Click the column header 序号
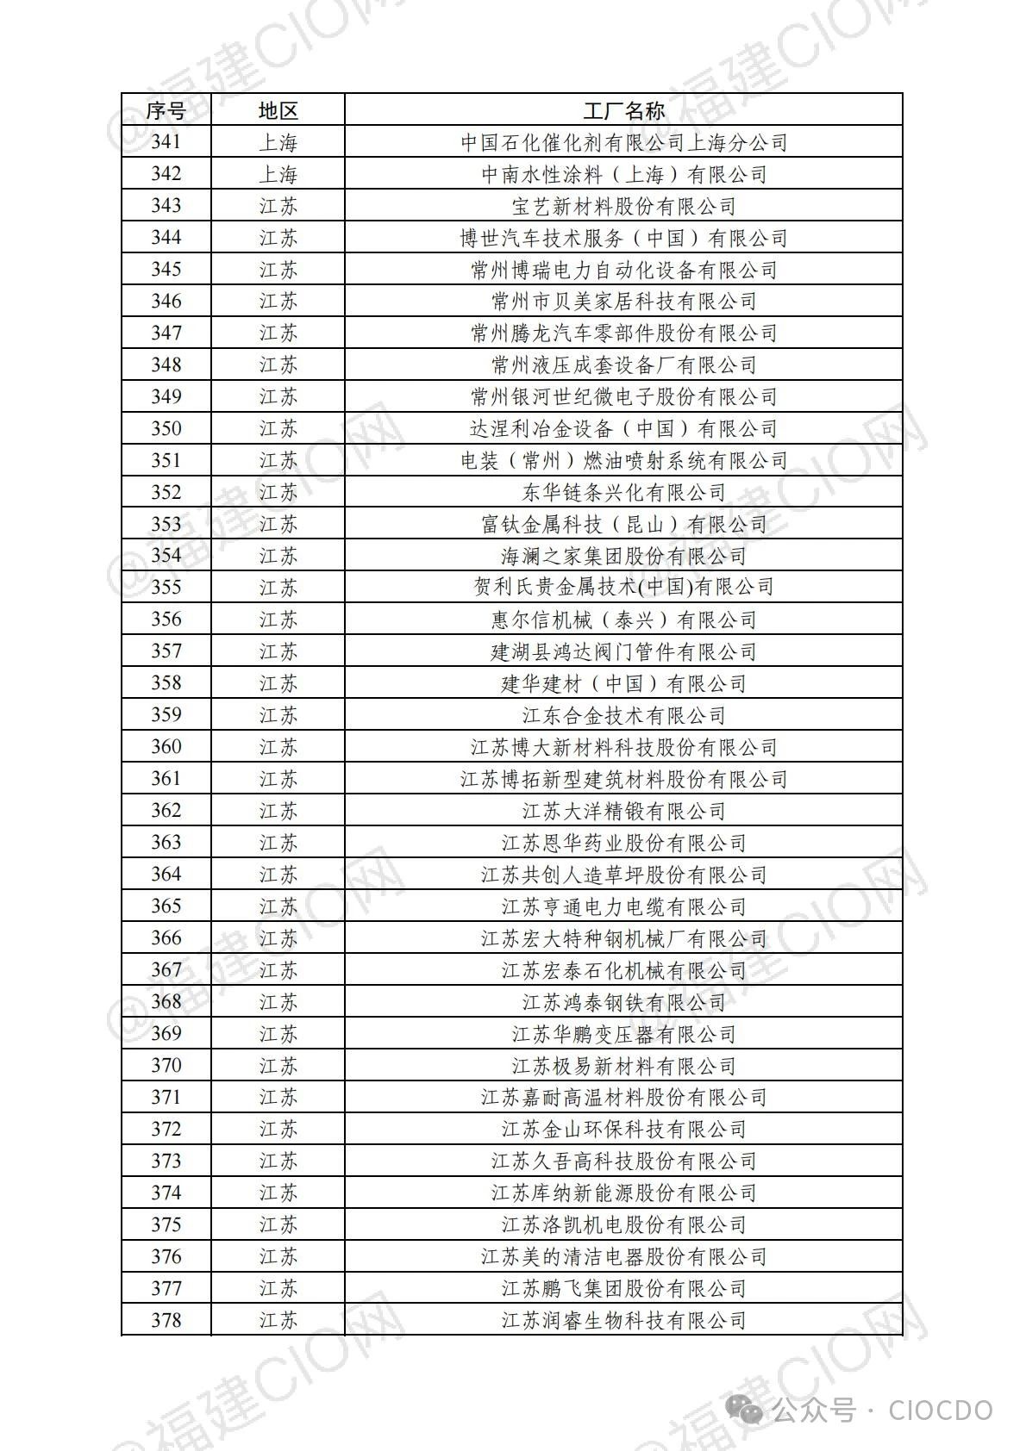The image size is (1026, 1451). click(x=166, y=110)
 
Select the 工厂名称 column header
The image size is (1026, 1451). click(x=623, y=110)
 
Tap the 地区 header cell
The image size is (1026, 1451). click(x=278, y=110)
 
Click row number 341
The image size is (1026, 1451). click(x=166, y=142)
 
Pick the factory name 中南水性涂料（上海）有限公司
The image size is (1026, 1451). click(x=623, y=174)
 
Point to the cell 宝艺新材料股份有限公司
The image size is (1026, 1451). click(x=623, y=206)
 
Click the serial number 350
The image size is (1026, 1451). click(x=166, y=428)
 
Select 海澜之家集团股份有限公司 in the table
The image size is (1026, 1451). click(x=623, y=556)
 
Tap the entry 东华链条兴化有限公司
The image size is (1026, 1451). click(x=623, y=492)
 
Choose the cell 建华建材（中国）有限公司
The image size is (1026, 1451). click(x=623, y=683)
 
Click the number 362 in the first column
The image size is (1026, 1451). click(x=166, y=811)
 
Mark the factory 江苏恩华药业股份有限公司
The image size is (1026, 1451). click(x=623, y=843)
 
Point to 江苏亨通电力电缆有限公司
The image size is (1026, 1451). click(x=623, y=906)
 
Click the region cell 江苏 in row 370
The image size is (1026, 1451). click(x=278, y=1066)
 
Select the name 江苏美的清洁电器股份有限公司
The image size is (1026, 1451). click(x=623, y=1256)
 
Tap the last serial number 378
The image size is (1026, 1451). click(x=166, y=1320)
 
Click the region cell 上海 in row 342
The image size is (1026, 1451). click(x=278, y=174)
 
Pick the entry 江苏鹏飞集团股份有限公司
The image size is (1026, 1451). click(x=623, y=1288)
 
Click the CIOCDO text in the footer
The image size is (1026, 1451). click(x=940, y=1411)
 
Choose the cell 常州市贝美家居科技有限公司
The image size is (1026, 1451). click(x=623, y=301)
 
